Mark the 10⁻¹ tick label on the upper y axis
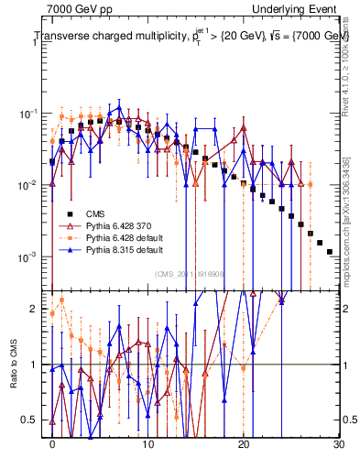click(32, 115)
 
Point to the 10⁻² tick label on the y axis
click(32, 185)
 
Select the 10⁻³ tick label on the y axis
click(32, 256)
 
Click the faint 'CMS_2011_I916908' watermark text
click(189, 274)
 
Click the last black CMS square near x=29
click(330, 251)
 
